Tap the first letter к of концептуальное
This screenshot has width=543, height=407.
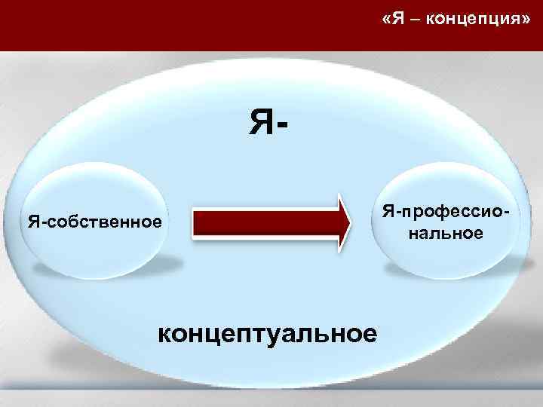165,332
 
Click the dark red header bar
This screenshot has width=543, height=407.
189,26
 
